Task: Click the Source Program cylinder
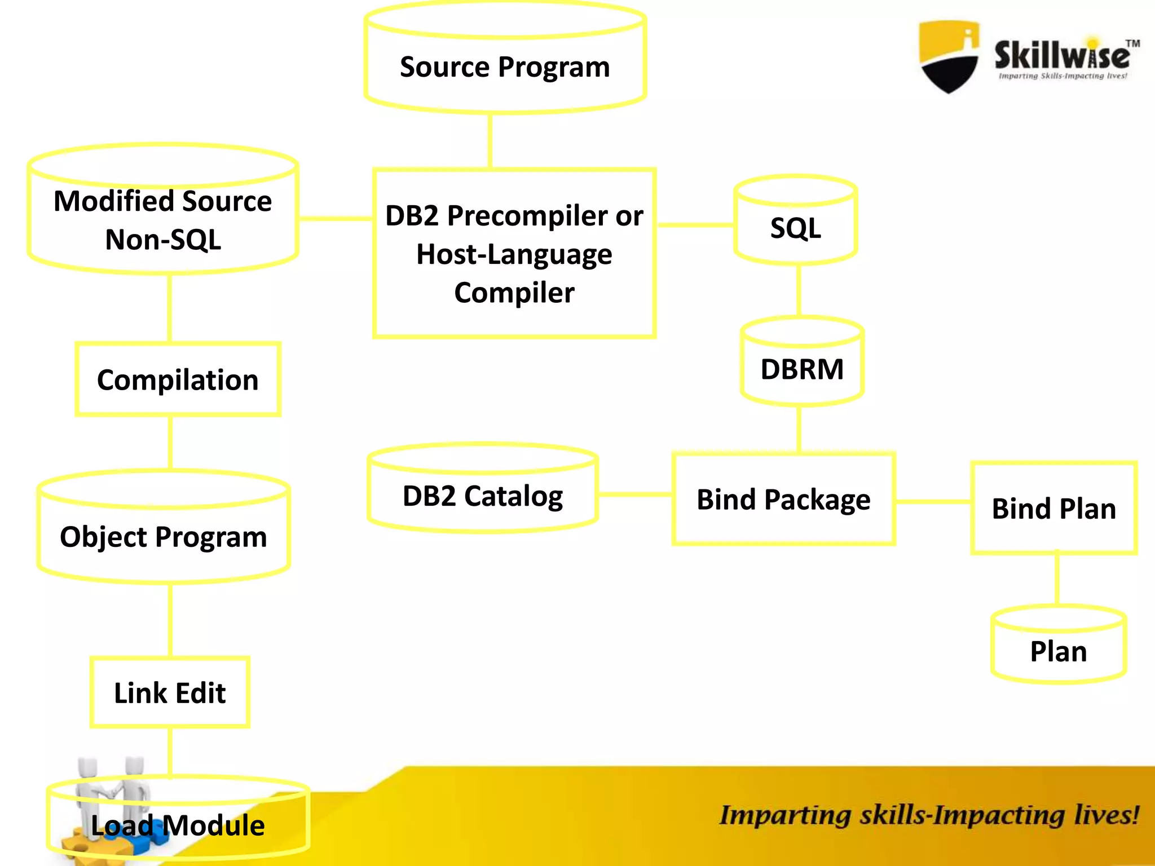point(505,67)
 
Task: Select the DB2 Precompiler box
point(514,254)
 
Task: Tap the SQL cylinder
point(795,227)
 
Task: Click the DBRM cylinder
point(801,369)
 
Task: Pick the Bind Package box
point(783,499)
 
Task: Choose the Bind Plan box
point(1053,508)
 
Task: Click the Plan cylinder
point(1058,651)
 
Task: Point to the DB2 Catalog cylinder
point(482,496)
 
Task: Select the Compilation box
point(178,379)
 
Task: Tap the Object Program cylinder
point(164,536)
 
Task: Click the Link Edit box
point(170,692)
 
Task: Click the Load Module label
point(178,825)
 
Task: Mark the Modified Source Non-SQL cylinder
point(163,220)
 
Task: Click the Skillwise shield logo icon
point(949,56)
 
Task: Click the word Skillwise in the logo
point(1061,55)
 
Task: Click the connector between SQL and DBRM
point(799,290)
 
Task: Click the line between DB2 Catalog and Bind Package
point(634,494)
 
